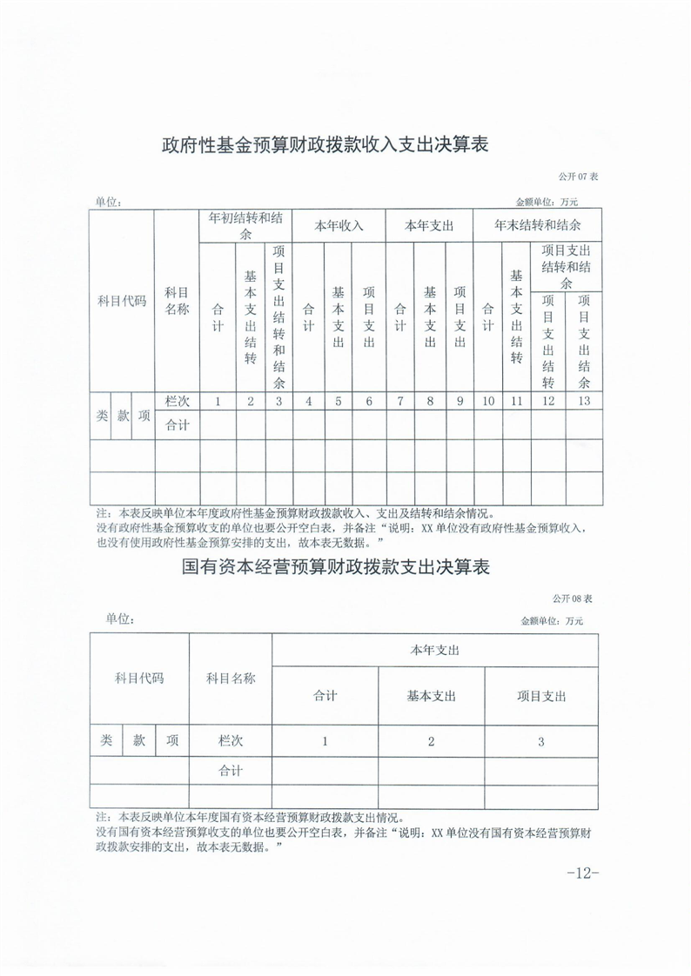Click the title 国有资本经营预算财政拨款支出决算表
(336, 568)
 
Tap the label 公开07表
(579, 177)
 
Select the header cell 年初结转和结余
(245, 226)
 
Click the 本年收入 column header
(339, 226)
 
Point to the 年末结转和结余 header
(537, 225)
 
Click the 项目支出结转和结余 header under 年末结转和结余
(566, 266)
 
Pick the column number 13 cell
(583, 401)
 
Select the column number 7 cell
(399, 401)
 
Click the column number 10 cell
(488, 401)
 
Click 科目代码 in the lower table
(139, 678)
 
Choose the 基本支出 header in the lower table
(432, 696)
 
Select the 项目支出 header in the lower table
(541, 696)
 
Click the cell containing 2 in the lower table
(432, 741)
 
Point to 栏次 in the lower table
(231, 741)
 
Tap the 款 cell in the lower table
(139, 741)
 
